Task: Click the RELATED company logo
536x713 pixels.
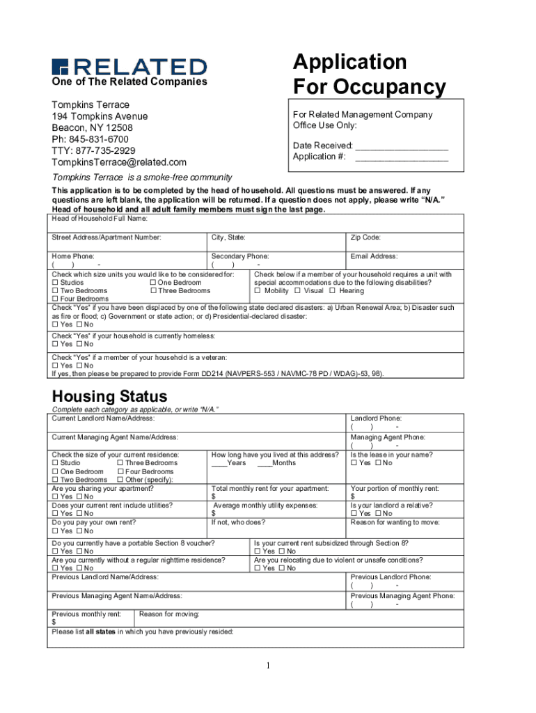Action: click(x=129, y=66)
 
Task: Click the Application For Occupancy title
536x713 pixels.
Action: click(x=369, y=75)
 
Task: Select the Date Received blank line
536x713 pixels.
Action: click(x=402, y=147)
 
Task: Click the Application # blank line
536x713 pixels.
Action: click(x=402, y=157)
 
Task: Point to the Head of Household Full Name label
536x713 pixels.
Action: click(x=100, y=219)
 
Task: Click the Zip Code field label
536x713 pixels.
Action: click(x=365, y=237)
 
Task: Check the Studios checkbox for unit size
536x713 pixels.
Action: click(x=56, y=283)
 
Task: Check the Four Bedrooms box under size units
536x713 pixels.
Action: click(x=56, y=299)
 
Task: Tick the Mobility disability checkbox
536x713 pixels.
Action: click(x=258, y=291)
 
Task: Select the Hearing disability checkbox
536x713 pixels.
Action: click(x=333, y=291)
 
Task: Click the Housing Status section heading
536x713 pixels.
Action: click(x=110, y=397)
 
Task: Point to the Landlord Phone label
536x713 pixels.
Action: click(x=376, y=418)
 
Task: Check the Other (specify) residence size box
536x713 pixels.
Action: click(x=121, y=480)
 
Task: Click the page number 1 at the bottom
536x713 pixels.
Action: click(x=267, y=666)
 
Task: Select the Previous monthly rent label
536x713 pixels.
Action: click(x=86, y=614)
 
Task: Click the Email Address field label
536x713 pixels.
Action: click(x=374, y=256)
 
